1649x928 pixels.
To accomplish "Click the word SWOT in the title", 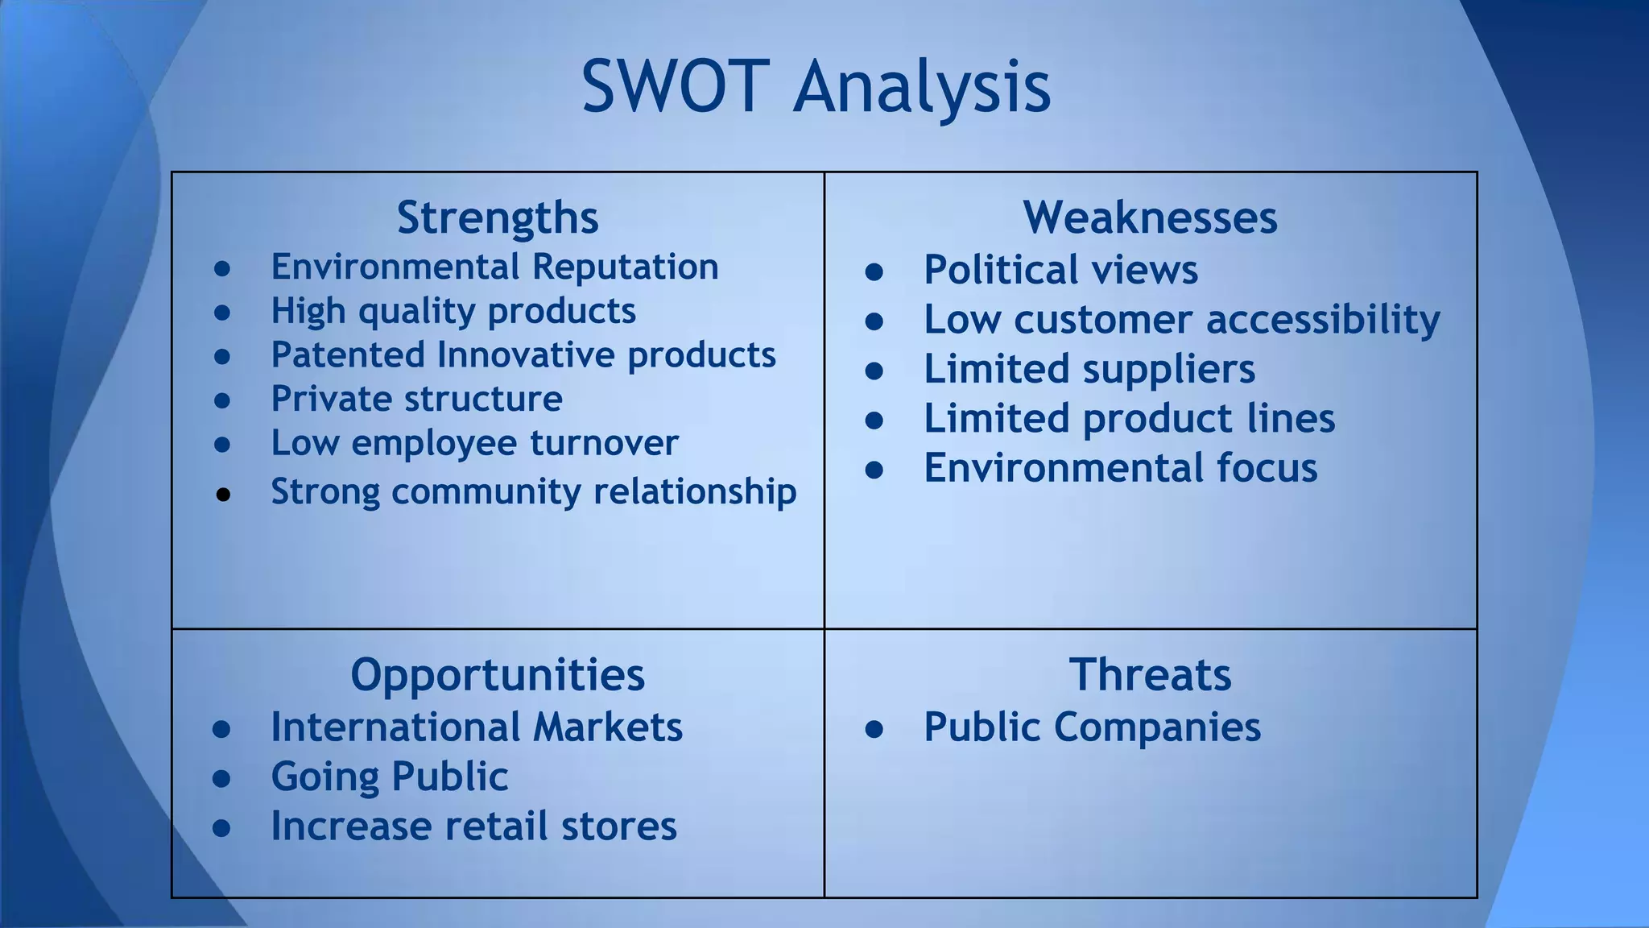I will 672,86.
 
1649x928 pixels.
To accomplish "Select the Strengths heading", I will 498,217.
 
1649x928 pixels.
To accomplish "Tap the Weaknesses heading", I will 1150,217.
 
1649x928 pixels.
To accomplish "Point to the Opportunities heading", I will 498,674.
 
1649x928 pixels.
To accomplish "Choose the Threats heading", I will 1150,674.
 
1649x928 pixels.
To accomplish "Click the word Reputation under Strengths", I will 625,267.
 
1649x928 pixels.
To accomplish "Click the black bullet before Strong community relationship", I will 223,495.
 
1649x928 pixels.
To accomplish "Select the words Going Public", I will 389,777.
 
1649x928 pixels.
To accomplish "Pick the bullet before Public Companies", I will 874,730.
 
